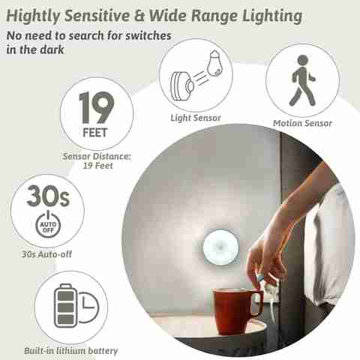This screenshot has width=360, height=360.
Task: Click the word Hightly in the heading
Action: [33, 16]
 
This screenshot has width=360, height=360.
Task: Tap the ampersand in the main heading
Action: [139, 16]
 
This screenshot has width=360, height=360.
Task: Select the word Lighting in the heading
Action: [272, 16]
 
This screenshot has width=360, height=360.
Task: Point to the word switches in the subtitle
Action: [148, 36]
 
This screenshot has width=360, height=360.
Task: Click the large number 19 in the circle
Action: [97, 107]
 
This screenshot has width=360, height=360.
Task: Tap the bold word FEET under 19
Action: [95, 133]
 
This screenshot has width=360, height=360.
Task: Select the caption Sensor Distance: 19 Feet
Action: [97, 160]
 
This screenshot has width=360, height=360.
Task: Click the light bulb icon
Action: [215, 64]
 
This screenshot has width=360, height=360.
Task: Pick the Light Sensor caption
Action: [196, 118]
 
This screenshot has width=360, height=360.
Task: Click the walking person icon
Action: [302, 80]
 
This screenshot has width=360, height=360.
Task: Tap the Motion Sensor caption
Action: [302, 123]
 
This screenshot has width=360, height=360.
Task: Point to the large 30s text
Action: [48, 196]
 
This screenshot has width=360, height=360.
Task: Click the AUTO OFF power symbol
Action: [48, 225]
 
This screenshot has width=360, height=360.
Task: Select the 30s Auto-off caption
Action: [47, 254]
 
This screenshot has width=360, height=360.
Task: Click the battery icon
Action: [65, 305]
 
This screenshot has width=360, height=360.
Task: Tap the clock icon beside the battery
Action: [88, 307]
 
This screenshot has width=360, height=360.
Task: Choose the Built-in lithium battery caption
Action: [71, 350]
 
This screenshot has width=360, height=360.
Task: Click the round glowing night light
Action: [220, 247]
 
